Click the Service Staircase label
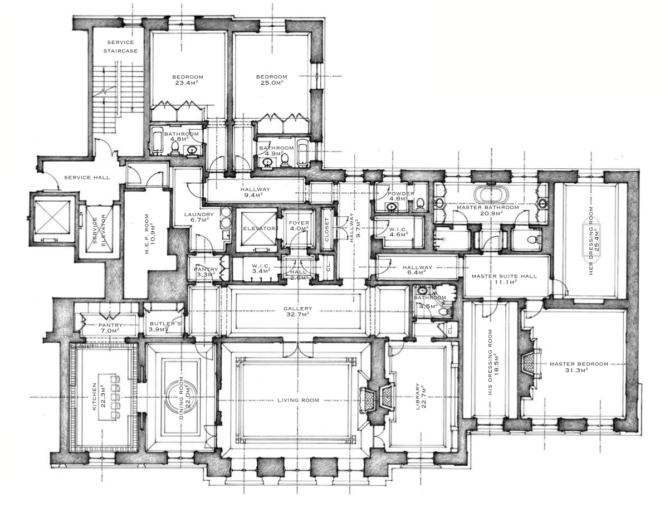120,46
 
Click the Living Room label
298,400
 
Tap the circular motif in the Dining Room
182,394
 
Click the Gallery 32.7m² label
298,311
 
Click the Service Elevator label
99,231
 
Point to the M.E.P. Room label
150,234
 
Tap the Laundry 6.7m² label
199,217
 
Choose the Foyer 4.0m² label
299,225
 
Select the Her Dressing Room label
594,241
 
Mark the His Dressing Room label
493,362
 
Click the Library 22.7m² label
420,396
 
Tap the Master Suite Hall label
504,279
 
